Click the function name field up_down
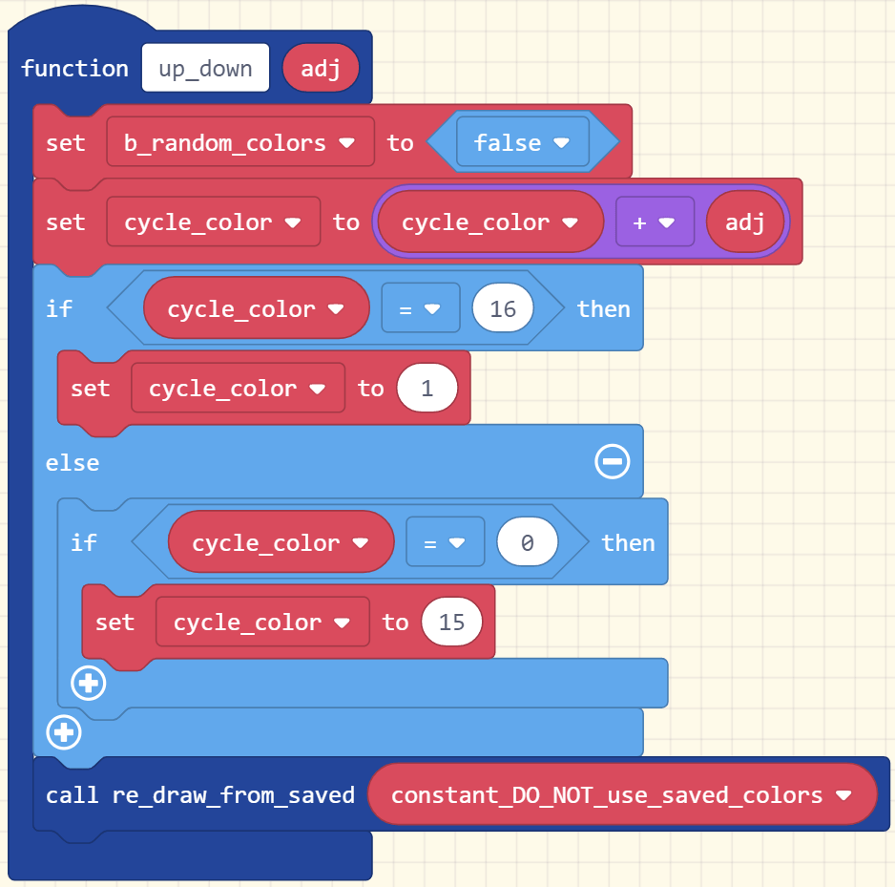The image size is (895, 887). [x=205, y=69]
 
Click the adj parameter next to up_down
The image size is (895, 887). [x=321, y=69]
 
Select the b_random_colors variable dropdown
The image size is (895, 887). [x=239, y=143]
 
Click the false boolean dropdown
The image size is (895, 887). [x=522, y=143]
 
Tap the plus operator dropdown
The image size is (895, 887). [x=655, y=222]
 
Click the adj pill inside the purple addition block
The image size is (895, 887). [x=745, y=222]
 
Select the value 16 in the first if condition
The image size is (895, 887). [x=502, y=309]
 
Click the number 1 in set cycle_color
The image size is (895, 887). [x=427, y=389]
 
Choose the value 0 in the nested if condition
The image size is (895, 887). [x=527, y=543]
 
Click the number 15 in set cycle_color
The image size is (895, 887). [x=451, y=623]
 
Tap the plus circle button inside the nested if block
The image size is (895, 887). [x=89, y=683]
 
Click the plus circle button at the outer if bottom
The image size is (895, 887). [x=64, y=732]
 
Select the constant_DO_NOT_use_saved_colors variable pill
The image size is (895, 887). [x=621, y=794]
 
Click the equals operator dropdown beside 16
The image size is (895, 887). [x=420, y=309]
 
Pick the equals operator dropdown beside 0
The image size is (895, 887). [x=445, y=543]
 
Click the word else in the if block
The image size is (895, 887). [x=73, y=463]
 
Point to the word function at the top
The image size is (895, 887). [x=74, y=69]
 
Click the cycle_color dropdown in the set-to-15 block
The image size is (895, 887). [x=261, y=623]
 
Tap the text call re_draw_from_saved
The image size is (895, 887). [x=200, y=794]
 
